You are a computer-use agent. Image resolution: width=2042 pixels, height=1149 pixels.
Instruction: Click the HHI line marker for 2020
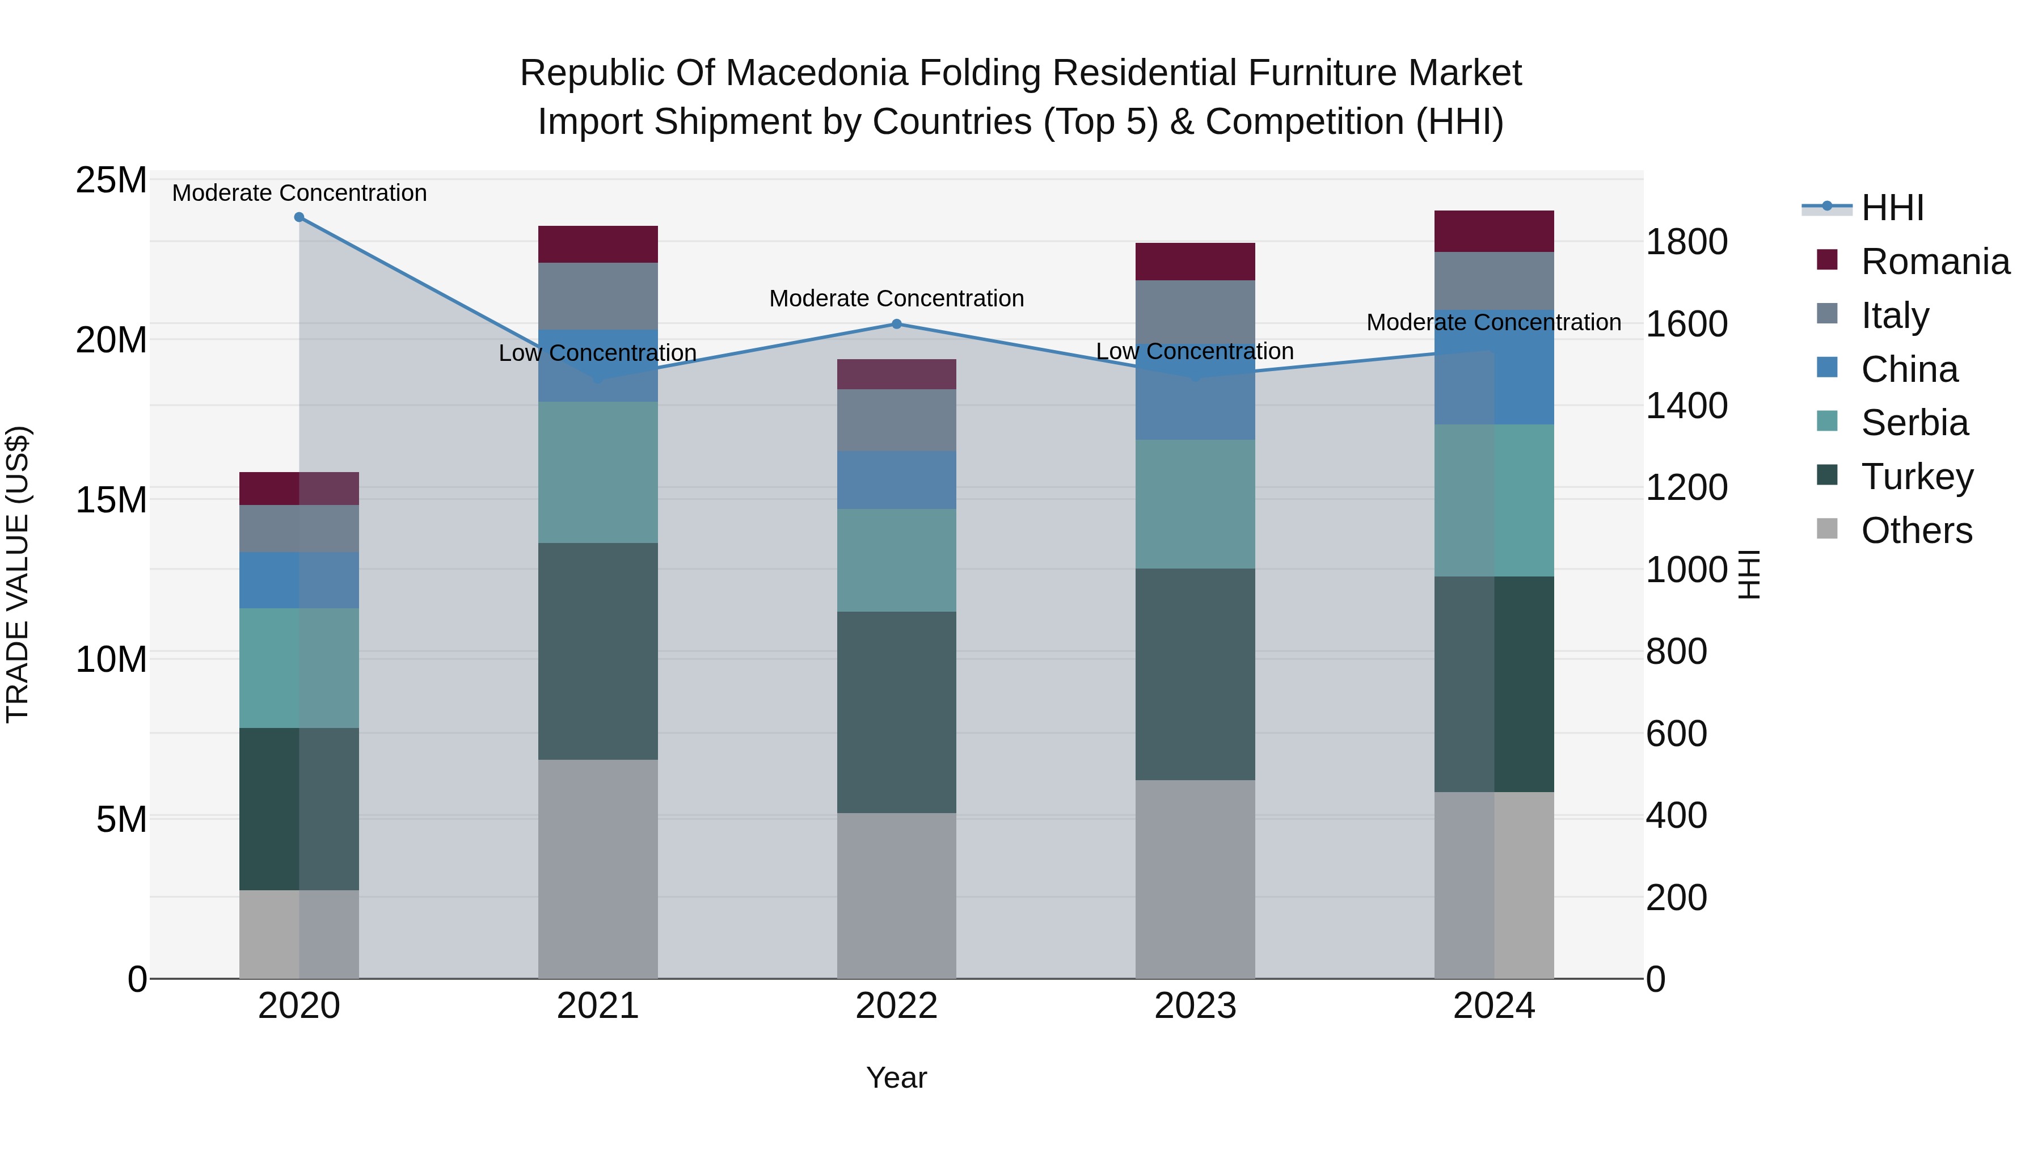click(299, 217)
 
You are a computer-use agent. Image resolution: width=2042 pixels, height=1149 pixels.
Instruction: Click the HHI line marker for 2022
click(897, 323)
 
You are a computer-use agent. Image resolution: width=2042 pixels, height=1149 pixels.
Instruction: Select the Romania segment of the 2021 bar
click(598, 244)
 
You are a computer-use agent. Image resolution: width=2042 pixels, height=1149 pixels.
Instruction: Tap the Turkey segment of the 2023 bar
click(1195, 674)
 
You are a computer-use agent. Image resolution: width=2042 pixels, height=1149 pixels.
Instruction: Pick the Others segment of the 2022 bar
click(897, 895)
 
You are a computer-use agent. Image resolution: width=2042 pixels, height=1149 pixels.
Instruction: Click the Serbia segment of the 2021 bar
click(598, 472)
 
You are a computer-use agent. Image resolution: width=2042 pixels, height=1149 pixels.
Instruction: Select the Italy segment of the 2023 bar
click(1195, 309)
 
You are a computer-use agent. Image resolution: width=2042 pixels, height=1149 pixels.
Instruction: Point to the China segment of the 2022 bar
click(897, 479)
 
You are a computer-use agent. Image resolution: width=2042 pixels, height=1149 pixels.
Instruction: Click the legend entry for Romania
click(1934, 262)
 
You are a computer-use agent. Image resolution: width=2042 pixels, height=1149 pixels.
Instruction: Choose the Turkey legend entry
click(1917, 477)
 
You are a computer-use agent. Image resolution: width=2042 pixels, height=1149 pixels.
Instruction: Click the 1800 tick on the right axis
click(1686, 242)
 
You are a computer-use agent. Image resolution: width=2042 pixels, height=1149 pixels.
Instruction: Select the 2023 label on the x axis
click(1195, 1006)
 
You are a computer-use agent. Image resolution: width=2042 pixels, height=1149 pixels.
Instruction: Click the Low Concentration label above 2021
click(598, 353)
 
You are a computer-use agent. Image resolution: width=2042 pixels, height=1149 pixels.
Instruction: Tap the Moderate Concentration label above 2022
click(897, 298)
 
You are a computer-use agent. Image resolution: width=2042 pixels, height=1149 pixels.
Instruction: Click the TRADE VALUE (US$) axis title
click(18, 574)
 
